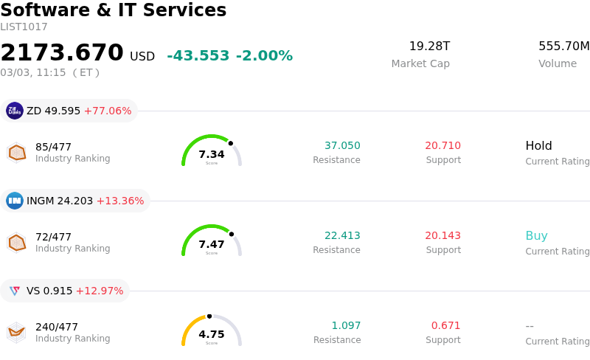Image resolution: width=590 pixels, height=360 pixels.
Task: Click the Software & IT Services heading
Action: point(114,11)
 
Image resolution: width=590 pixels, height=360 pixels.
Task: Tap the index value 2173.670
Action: point(62,53)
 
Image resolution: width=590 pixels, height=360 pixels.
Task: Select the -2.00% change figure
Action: point(264,56)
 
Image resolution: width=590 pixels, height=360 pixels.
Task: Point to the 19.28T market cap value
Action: point(429,46)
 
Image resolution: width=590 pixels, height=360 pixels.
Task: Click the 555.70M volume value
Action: point(563,46)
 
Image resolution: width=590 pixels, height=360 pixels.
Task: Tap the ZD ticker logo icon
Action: point(15,111)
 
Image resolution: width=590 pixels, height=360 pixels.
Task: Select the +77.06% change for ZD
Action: point(108,111)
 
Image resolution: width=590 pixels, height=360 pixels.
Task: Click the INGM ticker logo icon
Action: point(15,201)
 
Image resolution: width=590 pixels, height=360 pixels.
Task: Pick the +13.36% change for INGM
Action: point(120,201)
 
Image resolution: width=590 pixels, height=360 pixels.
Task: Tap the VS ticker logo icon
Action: point(15,291)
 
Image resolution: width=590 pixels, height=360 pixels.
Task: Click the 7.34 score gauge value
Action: point(212,154)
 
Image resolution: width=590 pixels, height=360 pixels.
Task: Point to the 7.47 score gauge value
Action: point(212,244)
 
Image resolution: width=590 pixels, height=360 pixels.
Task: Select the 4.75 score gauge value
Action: point(212,334)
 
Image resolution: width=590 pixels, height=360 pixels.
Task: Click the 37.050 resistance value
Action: point(342,146)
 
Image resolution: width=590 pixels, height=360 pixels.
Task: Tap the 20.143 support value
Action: point(442,236)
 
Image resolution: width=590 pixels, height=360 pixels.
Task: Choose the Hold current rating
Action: point(538,146)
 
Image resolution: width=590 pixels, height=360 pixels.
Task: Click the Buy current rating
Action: point(536,236)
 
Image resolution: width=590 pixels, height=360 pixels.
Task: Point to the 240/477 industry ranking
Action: point(57,327)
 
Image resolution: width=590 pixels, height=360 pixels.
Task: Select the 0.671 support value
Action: point(445,326)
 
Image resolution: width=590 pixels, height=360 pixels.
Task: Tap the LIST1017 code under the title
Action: point(24,27)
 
